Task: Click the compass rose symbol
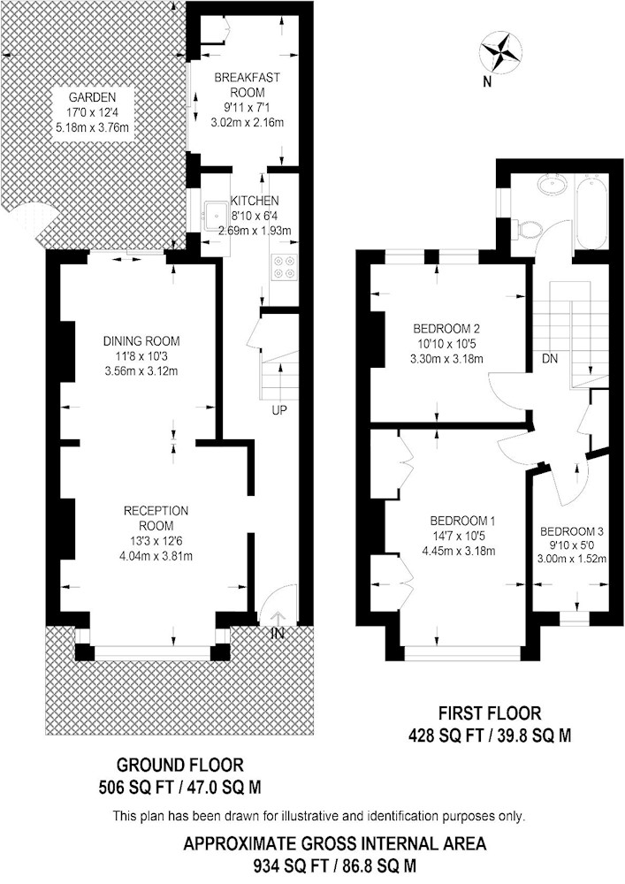(x=499, y=52)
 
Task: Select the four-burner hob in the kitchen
(x=284, y=267)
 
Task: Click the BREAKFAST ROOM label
(x=247, y=85)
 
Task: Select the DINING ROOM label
(x=141, y=340)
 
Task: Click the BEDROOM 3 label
(x=571, y=531)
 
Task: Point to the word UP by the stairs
(x=279, y=410)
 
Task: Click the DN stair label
(x=550, y=358)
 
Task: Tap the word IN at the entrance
(x=278, y=633)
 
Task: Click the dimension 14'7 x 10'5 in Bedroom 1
(x=458, y=536)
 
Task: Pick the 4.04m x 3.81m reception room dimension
(x=156, y=556)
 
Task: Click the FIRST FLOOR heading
(x=489, y=713)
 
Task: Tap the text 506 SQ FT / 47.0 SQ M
(x=179, y=787)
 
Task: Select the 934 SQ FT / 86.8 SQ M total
(x=335, y=865)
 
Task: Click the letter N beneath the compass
(x=487, y=82)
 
